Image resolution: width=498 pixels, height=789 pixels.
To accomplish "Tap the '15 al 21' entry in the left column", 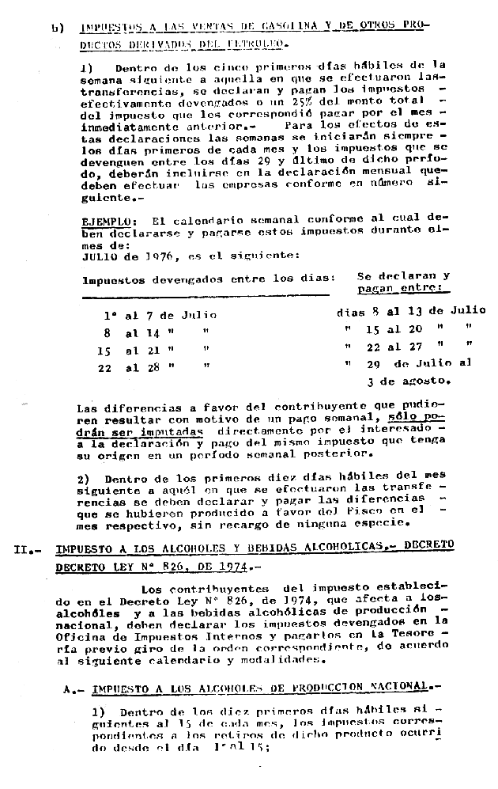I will point(132,351).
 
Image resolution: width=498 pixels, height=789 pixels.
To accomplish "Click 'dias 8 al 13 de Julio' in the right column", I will point(410,311).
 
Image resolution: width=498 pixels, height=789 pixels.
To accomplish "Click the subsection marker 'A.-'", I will point(74,688).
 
